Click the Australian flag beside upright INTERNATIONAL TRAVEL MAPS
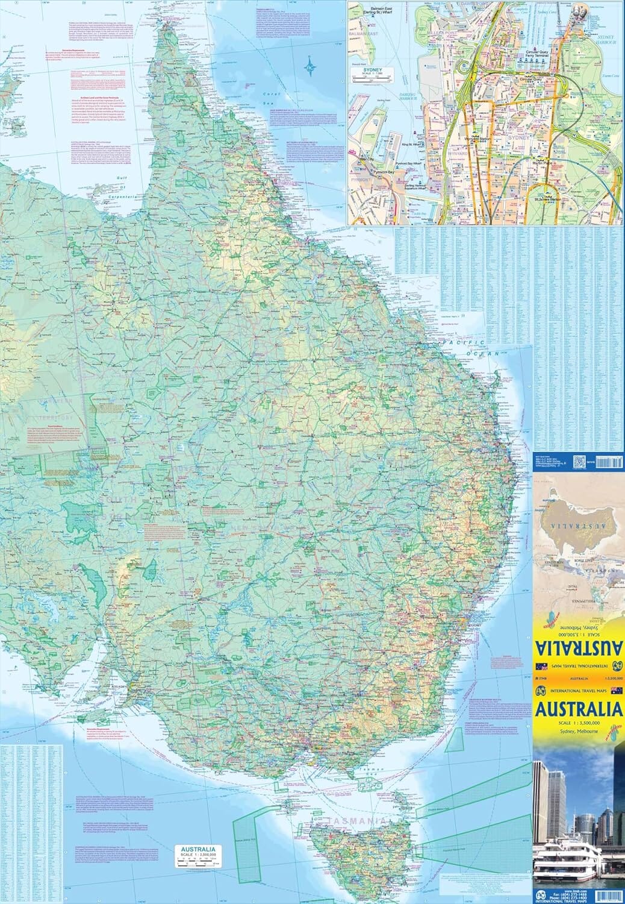click(x=616, y=691)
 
